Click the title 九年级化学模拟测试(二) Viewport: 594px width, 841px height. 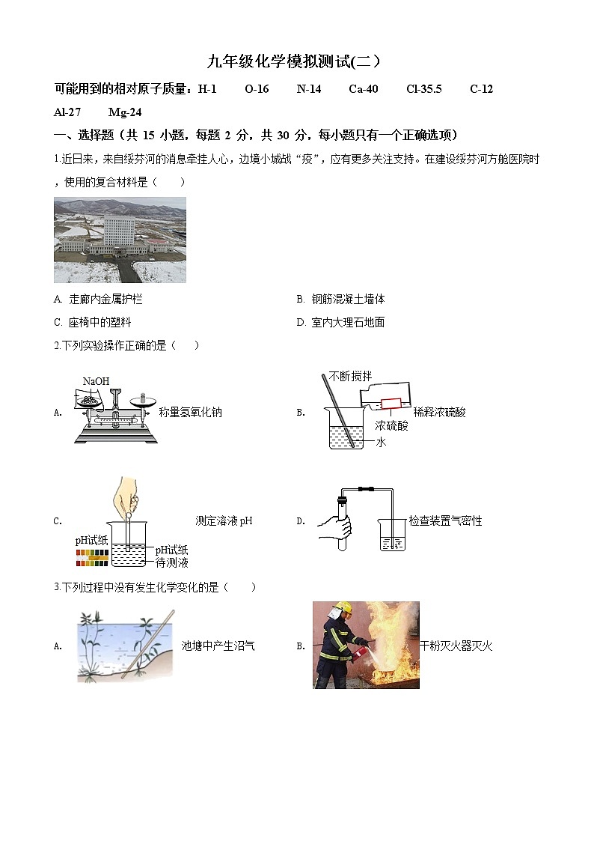pyautogui.click(x=296, y=62)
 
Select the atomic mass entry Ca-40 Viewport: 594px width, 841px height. pyautogui.click(x=363, y=89)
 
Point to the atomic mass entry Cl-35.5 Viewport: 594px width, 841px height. pyautogui.click(x=423, y=89)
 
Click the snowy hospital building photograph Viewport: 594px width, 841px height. pyautogui.click(x=120, y=240)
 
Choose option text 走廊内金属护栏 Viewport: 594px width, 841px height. pyautogui.click(x=105, y=300)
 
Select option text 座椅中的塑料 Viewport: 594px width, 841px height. pyautogui.click(x=99, y=323)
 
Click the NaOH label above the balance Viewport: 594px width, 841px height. pyautogui.click(x=96, y=382)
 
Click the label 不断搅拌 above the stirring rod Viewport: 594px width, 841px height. pyautogui.click(x=350, y=377)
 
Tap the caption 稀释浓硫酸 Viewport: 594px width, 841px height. pyautogui.click(x=439, y=412)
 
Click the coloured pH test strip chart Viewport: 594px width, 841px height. pyautogui.click(x=92, y=555)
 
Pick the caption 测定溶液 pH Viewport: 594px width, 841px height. pyautogui.click(x=224, y=521)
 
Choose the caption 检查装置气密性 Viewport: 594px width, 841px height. pyautogui.click(x=445, y=521)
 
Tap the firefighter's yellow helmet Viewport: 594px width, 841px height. pyautogui.click(x=343, y=609)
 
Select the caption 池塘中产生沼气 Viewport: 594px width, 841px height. pyautogui.click(x=218, y=646)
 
